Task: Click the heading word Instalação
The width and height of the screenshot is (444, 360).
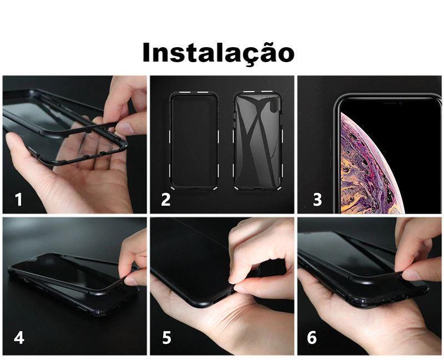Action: (218, 53)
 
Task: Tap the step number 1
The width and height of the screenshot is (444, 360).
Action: (19, 199)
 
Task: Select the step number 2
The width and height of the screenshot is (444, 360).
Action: (165, 200)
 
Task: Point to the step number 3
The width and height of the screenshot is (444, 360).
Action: (317, 199)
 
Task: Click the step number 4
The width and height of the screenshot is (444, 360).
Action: (19, 338)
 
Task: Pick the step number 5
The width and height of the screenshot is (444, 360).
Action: (167, 338)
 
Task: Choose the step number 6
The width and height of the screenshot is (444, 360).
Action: (312, 338)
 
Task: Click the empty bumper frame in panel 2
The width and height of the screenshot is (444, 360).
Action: (170, 141)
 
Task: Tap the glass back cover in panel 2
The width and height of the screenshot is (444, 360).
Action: (258, 141)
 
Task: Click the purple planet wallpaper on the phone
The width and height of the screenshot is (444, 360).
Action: (365, 167)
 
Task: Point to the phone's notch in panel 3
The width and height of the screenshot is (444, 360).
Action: (393, 103)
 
